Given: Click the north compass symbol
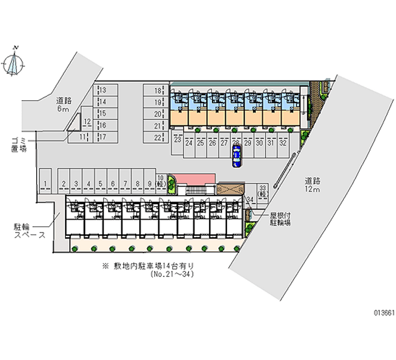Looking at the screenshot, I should click(15, 62).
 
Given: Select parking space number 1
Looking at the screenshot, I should click(45, 184).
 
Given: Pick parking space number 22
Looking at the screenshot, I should click(157, 138).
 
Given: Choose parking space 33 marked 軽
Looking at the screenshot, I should click(263, 191).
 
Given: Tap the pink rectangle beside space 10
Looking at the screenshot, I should click(196, 178).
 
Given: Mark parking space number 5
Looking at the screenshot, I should click(100, 184).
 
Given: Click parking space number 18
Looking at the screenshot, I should click(157, 91).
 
